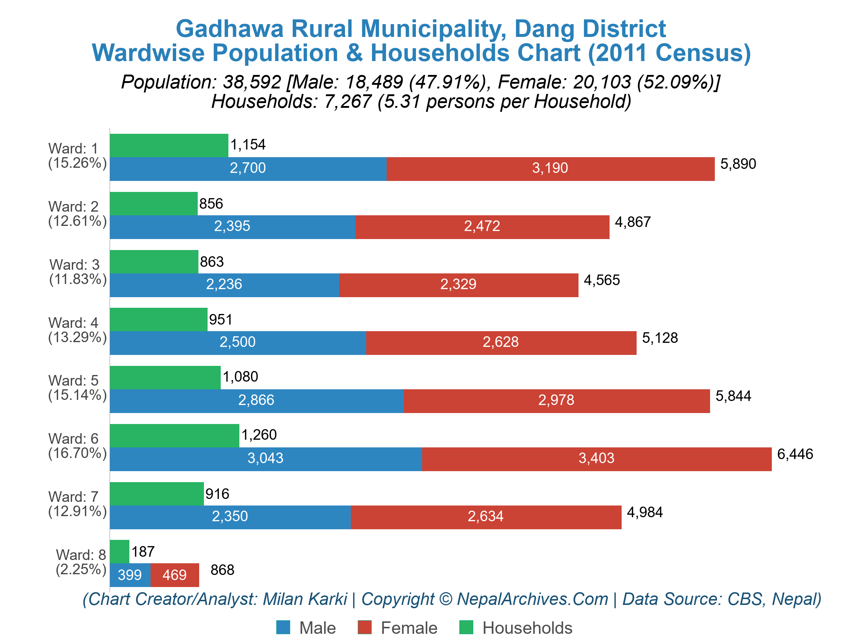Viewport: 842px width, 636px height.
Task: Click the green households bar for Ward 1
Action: [169, 145]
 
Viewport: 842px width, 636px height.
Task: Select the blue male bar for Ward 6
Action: [266, 459]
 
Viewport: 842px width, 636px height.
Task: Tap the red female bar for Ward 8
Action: [175, 575]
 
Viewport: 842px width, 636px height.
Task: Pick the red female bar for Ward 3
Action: [459, 285]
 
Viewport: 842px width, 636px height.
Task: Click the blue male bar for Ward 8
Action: [130, 575]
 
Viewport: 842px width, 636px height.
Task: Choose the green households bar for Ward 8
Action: [120, 552]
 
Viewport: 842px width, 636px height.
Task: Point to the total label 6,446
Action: [795, 454]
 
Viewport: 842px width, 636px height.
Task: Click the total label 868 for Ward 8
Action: [222, 570]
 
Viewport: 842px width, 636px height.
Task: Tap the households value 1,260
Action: [259, 435]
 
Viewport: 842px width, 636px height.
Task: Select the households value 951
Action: [220, 319]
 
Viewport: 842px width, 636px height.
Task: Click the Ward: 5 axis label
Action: [73, 381]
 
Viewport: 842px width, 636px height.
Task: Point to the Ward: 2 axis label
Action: [73, 207]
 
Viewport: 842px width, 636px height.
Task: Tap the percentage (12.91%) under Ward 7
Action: [77, 511]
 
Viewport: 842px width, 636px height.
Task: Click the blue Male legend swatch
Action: [283, 627]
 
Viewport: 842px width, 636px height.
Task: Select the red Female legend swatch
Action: [364, 627]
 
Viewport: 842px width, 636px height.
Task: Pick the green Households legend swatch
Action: [466, 627]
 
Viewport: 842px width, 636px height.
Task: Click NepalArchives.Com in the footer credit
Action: [532, 599]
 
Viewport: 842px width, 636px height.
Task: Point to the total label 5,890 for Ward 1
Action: [738, 164]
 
